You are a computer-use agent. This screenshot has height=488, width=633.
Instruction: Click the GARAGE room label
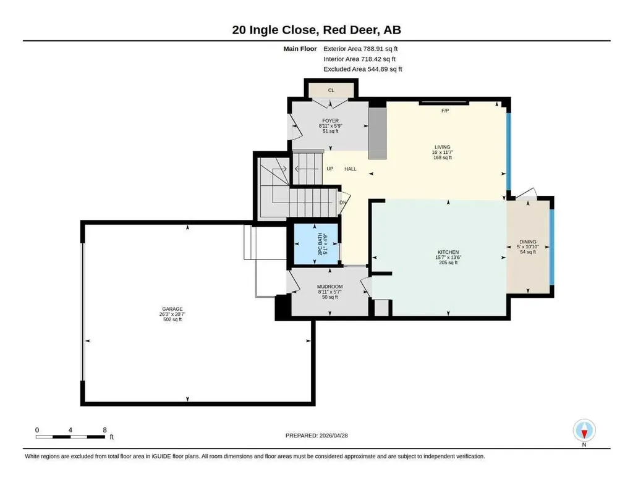click(172, 309)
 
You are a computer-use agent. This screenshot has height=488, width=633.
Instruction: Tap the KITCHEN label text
click(448, 252)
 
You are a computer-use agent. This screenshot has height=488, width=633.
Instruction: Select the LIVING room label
click(443, 147)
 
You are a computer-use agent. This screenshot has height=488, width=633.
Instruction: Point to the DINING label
click(528, 242)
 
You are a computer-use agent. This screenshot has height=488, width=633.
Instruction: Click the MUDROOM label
click(330, 287)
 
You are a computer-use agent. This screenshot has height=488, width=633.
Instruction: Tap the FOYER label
click(330, 120)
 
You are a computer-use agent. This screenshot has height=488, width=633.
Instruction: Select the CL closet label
click(331, 90)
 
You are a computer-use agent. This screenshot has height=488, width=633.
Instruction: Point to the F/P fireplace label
click(445, 111)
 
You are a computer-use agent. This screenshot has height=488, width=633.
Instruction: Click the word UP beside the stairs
click(330, 169)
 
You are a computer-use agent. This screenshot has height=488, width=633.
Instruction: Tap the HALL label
click(350, 169)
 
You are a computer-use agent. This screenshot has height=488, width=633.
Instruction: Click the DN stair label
click(342, 203)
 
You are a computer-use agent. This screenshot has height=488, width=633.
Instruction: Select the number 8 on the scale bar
click(104, 430)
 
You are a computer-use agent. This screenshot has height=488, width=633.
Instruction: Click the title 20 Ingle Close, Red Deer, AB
click(316, 30)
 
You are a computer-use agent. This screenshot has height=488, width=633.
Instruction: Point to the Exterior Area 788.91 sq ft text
click(360, 49)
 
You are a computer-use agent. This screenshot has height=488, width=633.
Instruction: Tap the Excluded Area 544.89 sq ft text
click(362, 69)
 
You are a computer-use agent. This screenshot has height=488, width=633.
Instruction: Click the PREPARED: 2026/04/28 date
click(316, 435)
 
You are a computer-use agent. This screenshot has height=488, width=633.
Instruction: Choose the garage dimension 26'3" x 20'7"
click(172, 314)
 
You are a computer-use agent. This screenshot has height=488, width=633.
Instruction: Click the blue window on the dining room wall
click(552, 246)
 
